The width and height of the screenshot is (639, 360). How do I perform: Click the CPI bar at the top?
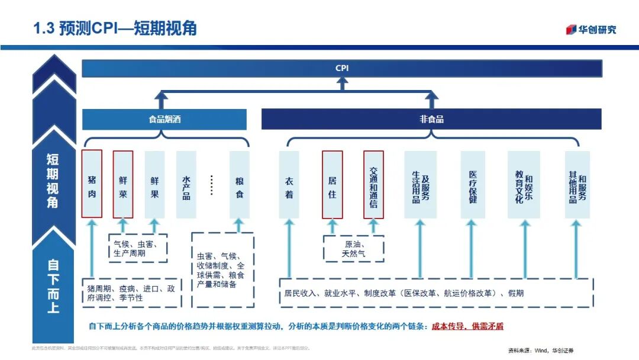pyautogui.click(x=342, y=68)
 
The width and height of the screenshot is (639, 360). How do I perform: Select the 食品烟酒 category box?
pyautogui.click(x=164, y=119)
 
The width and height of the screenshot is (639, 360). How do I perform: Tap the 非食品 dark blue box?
pyautogui.click(x=431, y=119)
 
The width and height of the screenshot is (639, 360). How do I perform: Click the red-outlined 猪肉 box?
pyautogui.click(x=92, y=184)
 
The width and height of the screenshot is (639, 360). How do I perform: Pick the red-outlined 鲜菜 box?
pyautogui.click(x=123, y=184)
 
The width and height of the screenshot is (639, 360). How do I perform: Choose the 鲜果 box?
pyautogui.click(x=154, y=184)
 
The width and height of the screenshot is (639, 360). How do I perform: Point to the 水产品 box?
pyautogui.click(x=186, y=184)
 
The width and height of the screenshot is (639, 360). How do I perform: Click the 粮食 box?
pyautogui.click(x=239, y=184)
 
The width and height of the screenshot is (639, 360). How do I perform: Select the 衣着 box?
pyautogui.click(x=289, y=184)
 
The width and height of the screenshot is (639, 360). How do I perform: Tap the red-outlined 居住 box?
pyautogui.click(x=332, y=184)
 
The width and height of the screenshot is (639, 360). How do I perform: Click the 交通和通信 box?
pyautogui.click(x=373, y=184)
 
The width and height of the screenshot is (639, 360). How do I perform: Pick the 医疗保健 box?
pyautogui.click(x=473, y=184)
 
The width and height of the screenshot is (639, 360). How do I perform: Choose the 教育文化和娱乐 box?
pyautogui.click(x=524, y=184)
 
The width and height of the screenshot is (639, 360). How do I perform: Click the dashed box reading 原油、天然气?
pyautogui.click(x=354, y=249)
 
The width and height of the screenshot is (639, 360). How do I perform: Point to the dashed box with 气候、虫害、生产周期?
pyautogui.click(x=137, y=248)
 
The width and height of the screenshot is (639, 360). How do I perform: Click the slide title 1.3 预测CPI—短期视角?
pyautogui.click(x=115, y=28)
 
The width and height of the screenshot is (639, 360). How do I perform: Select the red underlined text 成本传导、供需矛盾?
pyautogui.click(x=467, y=326)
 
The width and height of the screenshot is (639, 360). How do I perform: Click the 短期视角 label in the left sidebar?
pyautogui.click(x=53, y=180)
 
